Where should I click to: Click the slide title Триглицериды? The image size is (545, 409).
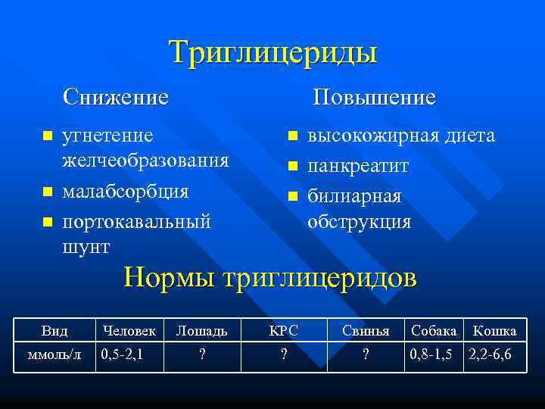coord(272,53)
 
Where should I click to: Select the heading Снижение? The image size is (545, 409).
coord(116,97)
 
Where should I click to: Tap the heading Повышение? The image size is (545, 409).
coord(375,97)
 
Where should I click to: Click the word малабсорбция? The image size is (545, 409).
coord(125,191)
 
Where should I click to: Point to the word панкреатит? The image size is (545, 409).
coord(357,165)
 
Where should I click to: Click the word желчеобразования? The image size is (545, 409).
coord(145,161)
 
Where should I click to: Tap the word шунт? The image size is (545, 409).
coord(86,247)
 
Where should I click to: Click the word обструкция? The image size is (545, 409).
coord(359,221)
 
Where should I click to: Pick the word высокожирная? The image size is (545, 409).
coord(369,136)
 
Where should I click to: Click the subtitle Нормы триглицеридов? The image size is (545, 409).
coord(270,277)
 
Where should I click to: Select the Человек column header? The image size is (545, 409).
coord(129,331)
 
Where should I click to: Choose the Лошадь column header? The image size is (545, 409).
coord(201,331)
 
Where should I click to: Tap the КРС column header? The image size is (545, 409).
coord(284,331)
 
